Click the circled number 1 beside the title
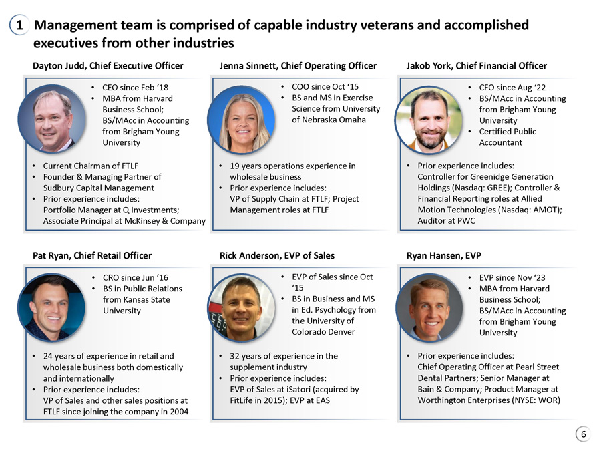[x=19, y=25]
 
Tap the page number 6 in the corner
[x=583, y=434]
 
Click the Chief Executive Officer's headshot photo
[x=51, y=118]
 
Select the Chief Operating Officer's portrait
[x=242, y=120]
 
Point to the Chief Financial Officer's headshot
[x=429, y=120]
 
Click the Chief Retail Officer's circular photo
[x=51, y=307]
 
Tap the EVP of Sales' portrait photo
[x=242, y=308]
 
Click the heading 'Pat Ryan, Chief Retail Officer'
[x=92, y=256]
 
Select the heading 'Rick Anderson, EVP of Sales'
[x=277, y=256]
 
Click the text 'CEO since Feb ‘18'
[x=136, y=88]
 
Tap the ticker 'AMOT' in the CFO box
[x=546, y=210]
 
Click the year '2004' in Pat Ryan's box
[x=178, y=412]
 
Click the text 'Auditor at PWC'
[x=446, y=221]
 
